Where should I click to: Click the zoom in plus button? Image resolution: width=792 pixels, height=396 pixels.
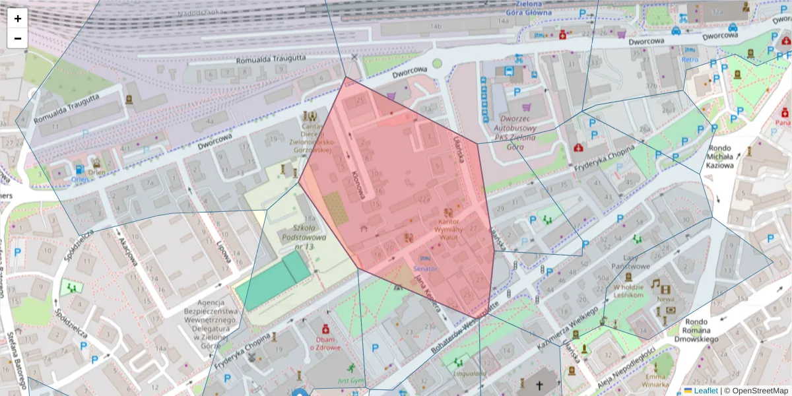pyautogui.click(x=18, y=18)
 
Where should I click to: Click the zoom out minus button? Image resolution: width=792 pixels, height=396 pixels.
pyautogui.click(x=18, y=38)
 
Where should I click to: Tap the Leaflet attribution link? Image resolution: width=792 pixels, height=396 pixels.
pyautogui.click(x=706, y=391)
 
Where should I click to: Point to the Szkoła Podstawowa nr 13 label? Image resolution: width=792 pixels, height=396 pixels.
pyautogui.click(x=304, y=236)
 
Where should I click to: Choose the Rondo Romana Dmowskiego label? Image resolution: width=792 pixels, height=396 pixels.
pyautogui.click(x=696, y=331)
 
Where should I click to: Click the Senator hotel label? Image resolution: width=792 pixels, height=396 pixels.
pyautogui.click(x=425, y=269)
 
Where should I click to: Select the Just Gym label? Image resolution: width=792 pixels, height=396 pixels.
pyautogui.click(x=350, y=381)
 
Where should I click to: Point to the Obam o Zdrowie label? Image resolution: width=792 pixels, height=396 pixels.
pyautogui.click(x=325, y=343)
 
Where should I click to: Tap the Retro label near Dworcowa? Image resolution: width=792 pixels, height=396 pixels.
pyautogui.click(x=690, y=59)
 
